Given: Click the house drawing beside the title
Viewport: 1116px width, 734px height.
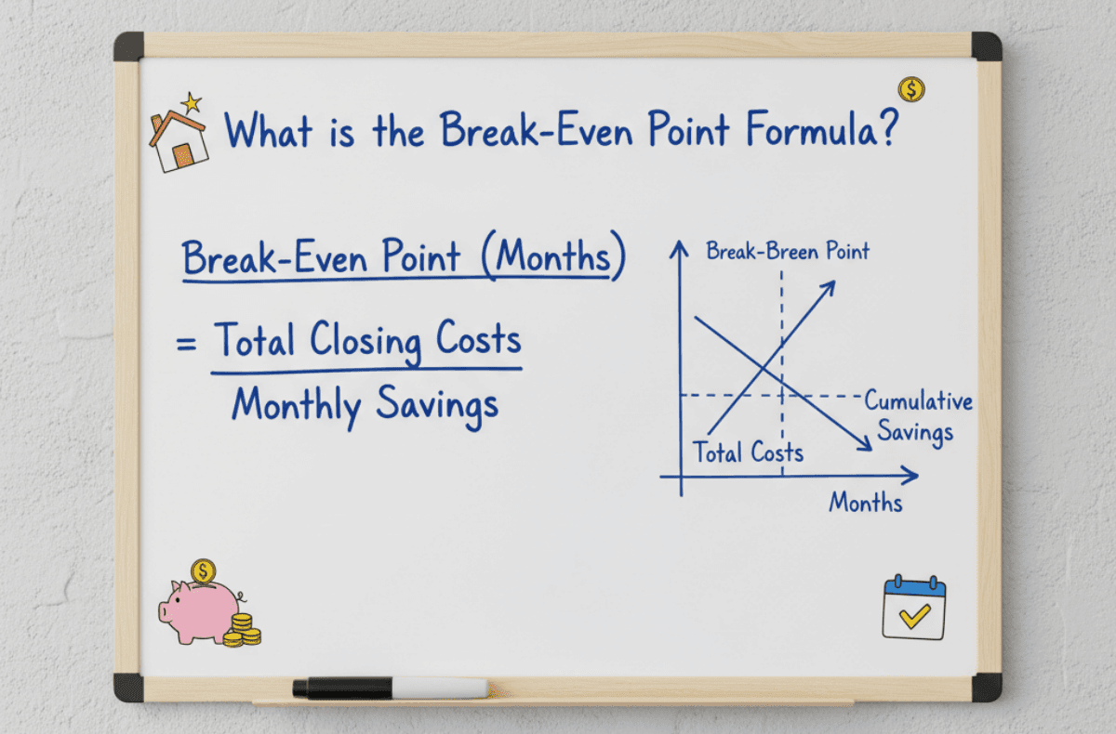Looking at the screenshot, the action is [179, 142].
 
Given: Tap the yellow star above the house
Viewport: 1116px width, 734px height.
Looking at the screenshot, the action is [192, 102].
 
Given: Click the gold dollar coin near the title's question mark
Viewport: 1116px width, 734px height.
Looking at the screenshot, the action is [911, 89].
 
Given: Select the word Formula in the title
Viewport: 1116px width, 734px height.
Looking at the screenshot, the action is [812, 129].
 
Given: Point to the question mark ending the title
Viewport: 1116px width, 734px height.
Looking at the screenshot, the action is [888, 128].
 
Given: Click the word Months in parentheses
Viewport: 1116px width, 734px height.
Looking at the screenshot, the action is [553, 256].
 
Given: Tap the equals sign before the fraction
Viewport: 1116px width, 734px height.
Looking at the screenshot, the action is [186, 344].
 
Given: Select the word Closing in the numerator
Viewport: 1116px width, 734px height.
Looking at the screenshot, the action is [365, 341].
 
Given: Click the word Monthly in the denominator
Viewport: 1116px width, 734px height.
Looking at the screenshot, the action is [297, 406].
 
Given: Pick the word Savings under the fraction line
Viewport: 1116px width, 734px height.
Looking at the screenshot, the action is [437, 406].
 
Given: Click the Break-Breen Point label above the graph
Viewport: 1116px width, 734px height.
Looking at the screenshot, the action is [788, 251].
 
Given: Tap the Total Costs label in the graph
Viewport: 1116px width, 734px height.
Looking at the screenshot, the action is [749, 452].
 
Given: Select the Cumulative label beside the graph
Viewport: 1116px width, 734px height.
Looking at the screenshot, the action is [918, 400].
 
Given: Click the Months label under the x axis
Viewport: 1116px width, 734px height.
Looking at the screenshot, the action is [866, 502].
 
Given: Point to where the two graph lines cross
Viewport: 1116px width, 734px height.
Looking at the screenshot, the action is [764, 368].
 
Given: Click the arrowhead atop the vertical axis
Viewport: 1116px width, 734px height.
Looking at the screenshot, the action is [679, 249].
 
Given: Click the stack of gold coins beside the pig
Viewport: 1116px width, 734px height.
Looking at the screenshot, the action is [242, 631].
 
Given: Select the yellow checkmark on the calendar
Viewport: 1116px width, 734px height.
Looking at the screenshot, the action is [915, 616].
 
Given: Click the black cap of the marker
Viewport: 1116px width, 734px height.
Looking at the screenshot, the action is [342, 688].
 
